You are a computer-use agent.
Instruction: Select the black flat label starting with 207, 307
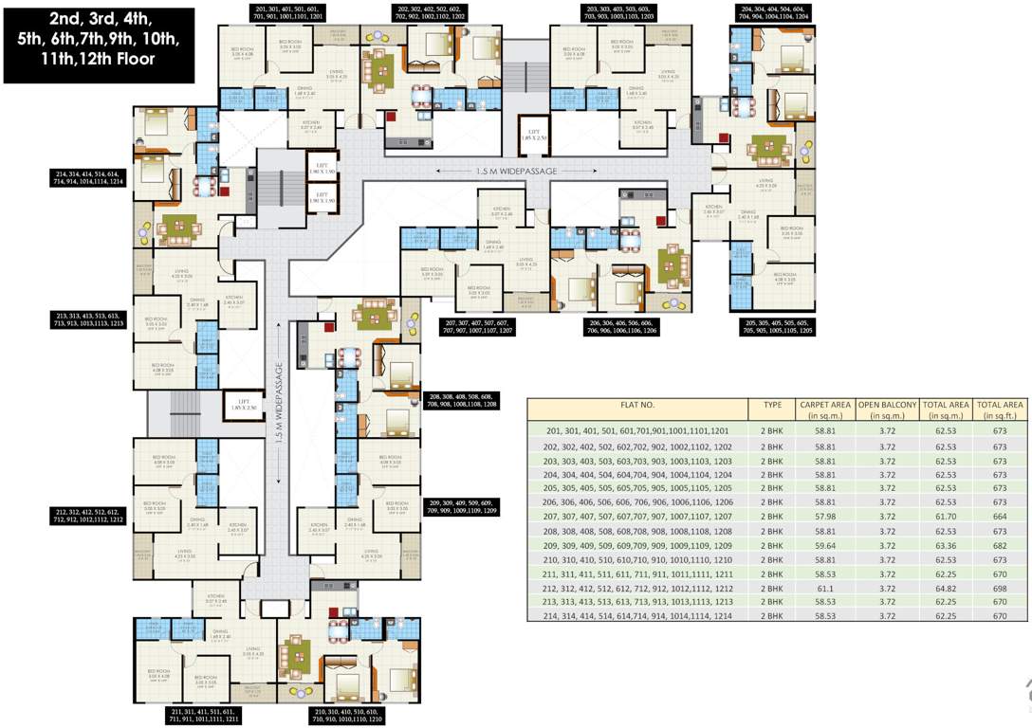[479, 327]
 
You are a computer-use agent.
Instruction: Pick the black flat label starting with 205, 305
[776, 327]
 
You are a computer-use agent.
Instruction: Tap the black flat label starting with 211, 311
[206, 715]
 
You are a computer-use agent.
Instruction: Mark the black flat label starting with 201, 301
[263, 12]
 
